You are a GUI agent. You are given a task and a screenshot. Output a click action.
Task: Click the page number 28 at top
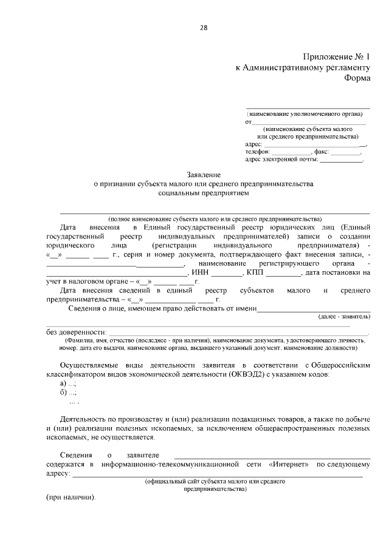203,27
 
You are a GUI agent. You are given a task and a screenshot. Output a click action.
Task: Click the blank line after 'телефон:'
291,152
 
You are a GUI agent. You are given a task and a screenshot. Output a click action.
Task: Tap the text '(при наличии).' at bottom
71,497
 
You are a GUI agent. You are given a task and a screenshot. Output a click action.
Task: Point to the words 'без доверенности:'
75,332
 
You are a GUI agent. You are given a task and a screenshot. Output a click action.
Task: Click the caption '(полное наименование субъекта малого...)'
215,218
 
